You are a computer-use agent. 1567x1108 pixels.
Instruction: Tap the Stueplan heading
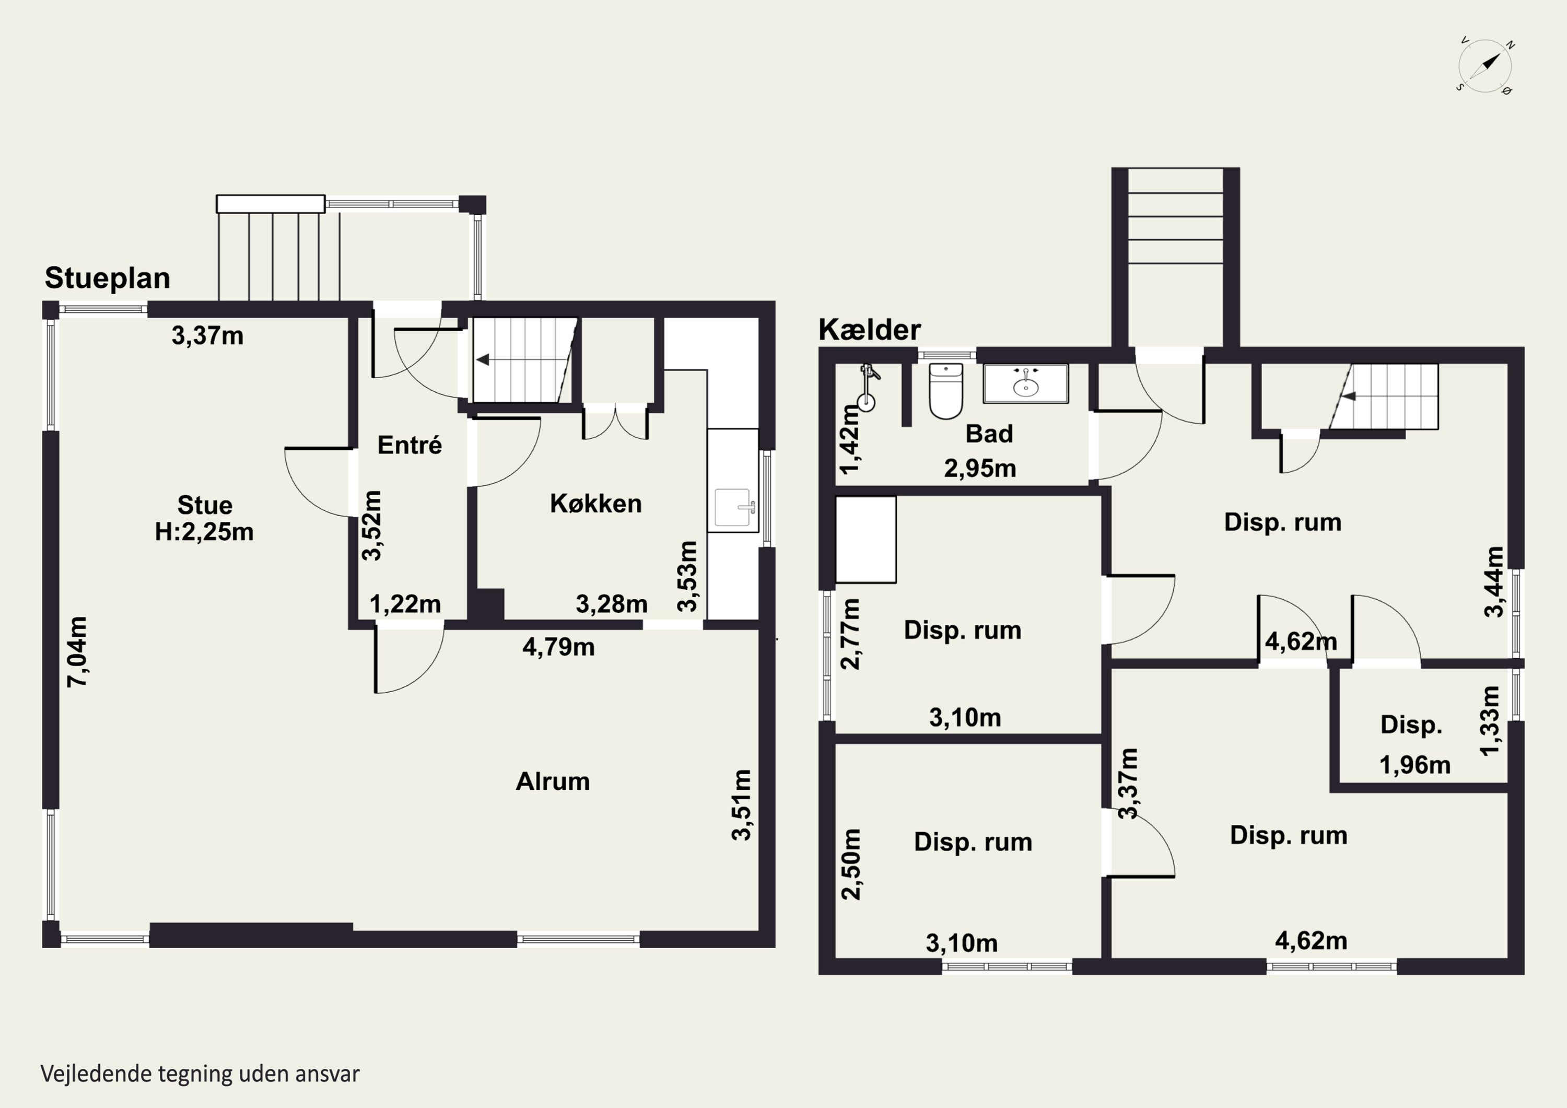[x=107, y=278]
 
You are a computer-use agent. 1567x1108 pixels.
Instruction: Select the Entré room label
[x=410, y=445]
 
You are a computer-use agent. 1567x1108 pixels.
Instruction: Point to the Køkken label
[x=596, y=504]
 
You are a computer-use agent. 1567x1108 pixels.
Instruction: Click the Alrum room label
[x=553, y=781]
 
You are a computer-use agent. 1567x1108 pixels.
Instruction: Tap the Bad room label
[x=989, y=434]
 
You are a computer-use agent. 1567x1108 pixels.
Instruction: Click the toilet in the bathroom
[x=946, y=391]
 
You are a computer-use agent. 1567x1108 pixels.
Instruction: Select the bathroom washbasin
[x=1026, y=383]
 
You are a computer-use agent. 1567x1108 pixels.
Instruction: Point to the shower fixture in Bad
[x=868, y=387]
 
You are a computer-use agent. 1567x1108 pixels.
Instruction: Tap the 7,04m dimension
[x=77, y=651]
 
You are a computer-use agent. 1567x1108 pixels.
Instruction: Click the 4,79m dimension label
[x=558, y=647]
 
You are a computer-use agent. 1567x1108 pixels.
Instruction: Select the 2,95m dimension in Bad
[x=980, y=468]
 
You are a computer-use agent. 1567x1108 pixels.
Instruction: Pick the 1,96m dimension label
[x=1415, y=765]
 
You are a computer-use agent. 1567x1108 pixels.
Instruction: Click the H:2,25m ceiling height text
[x=204, y=532]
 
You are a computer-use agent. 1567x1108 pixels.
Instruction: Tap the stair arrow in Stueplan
[x=483, y=360]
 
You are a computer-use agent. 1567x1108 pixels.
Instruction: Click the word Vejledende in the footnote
[x=96, y=1074]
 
